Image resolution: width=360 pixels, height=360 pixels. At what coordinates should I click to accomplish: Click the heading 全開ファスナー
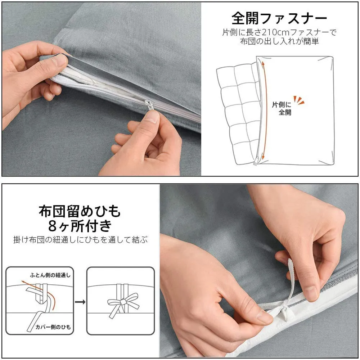[x=279, y=18]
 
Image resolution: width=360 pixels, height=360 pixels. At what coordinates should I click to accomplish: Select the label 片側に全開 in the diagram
[x=282, y=108]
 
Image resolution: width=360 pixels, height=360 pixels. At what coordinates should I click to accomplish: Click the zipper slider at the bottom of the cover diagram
[x=256, y=161]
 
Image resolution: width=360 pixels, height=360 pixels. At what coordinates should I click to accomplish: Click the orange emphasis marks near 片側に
[x=299, y=100]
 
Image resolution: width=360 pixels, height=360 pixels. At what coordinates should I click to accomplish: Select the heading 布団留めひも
[x=80, y=211]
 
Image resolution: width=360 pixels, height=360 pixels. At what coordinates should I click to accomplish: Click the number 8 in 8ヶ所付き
[x=53, y=226]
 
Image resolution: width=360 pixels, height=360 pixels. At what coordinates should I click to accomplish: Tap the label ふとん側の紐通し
[x=50, y=275]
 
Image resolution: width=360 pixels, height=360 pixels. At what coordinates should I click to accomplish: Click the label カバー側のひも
[x=53, y=327]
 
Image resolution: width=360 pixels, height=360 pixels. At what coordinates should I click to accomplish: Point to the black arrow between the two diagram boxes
[x=80, y=302]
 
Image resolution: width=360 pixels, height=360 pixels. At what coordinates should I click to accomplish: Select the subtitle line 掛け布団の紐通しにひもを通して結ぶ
[x=80, y=240]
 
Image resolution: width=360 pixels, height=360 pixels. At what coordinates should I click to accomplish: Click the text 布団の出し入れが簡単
[x=279, y=41]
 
